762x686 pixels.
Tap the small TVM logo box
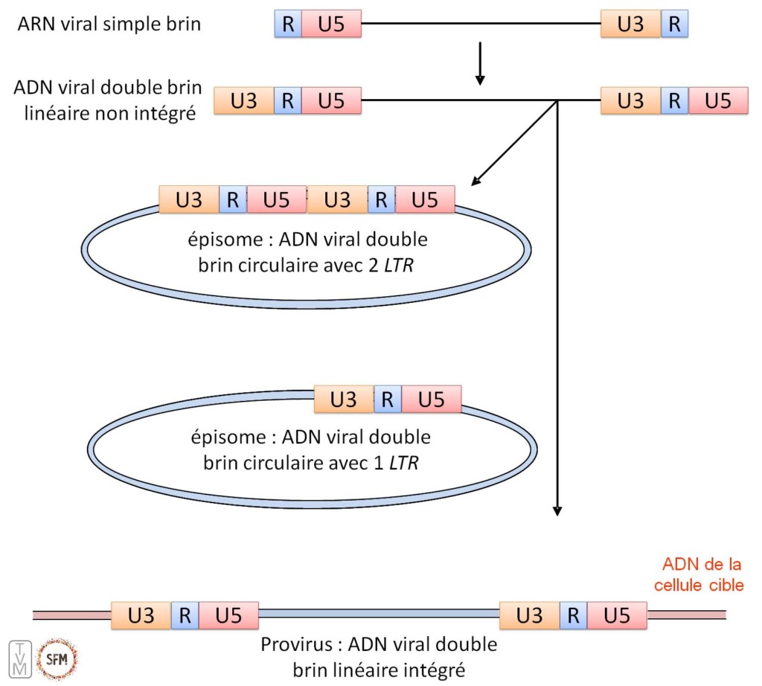[x=22, y=658]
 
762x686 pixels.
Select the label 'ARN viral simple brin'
[x=110, y=24]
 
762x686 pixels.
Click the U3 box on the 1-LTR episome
[x=343, y=400]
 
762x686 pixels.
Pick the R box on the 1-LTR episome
[x=387, y=400]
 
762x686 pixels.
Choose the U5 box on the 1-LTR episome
[x=431, y=400]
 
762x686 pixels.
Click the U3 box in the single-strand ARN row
[x=631, y=24]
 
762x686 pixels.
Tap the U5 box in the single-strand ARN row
[x=331, y=24]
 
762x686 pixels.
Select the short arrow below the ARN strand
[x=480, y=64]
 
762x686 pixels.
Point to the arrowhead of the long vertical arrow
[x=556, y=510]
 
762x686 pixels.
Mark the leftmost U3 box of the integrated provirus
[x=141, y=616]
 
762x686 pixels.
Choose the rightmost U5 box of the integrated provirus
[x=617, y=616]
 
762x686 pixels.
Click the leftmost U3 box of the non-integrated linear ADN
[x=243, y=100]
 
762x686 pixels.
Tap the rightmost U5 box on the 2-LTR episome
[x=424, y=199]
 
